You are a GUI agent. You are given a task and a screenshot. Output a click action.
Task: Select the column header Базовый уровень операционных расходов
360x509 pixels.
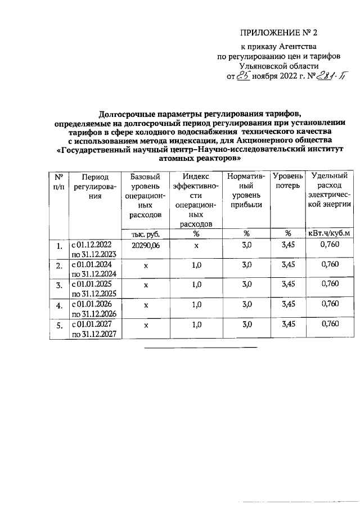[145, 195]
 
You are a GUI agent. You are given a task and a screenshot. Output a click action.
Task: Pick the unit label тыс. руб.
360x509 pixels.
[145, 233]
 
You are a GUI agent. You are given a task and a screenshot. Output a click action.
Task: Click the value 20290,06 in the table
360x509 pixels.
[145, 245]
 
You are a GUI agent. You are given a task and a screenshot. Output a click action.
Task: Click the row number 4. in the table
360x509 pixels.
[58, 305]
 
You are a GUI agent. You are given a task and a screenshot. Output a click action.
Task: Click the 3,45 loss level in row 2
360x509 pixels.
[287, 265]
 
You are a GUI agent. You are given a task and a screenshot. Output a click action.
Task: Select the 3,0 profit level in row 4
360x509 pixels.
[246, 304]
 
